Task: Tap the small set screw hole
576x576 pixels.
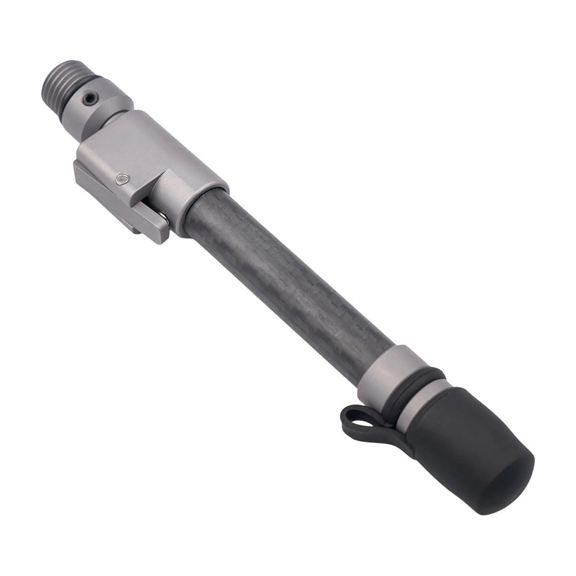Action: coord(89,100)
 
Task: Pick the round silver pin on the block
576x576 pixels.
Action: coord(122,180)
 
